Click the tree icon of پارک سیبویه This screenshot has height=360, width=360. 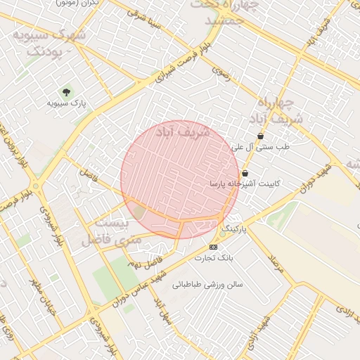pyautogui.click(x=67, y=92)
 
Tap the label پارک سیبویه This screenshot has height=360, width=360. pyautogui.click(x=66, y=103)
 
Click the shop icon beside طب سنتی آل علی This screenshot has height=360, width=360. pyautogui.click(x=261, y=136)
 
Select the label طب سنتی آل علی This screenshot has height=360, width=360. pyautogui.click(x=261, y=148)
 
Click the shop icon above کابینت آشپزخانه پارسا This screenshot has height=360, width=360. pyautogui.click(x=245, y=173)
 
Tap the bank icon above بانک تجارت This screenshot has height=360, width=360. pyautogui.click(x=214, y=247)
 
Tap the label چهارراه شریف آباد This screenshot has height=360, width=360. pyautogui.click(x=280, y=110)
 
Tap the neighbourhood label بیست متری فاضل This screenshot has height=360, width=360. pyautogui.click(x=112, y=231)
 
